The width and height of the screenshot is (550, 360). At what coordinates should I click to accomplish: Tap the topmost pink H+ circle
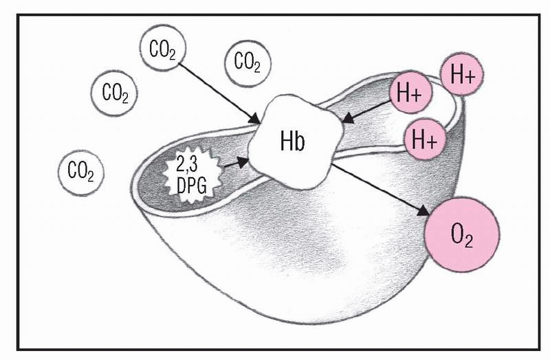461,76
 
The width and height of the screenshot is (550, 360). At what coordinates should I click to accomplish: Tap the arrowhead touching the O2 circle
427,210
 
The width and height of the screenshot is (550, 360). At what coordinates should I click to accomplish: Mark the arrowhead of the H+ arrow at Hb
347,120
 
